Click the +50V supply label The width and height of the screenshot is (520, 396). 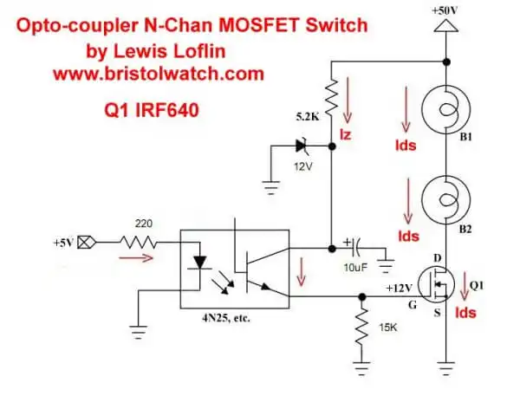pos(445,10)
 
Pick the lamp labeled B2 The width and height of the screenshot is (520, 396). pos(445,201)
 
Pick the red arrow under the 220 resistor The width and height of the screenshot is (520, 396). pos(144,258)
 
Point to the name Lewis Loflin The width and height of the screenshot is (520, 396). pos(165,51)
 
